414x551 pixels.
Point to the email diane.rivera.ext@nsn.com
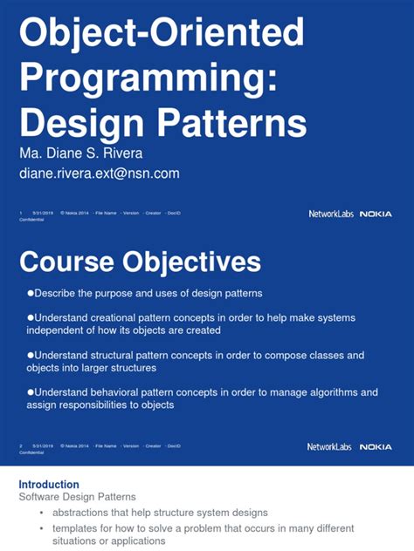(x=100, y=173)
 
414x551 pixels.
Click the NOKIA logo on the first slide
(x=376, y=214)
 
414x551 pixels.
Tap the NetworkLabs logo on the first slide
(x=330, y=214)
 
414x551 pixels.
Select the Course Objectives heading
(x=140, y=262)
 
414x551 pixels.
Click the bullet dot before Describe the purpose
(x=31, y=293)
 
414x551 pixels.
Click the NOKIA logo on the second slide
(x=376, y=446)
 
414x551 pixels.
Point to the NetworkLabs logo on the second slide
(x=330, y=446)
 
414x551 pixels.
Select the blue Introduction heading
(x=49, y=485)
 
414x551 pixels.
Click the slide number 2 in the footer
(x=21, y=446)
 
